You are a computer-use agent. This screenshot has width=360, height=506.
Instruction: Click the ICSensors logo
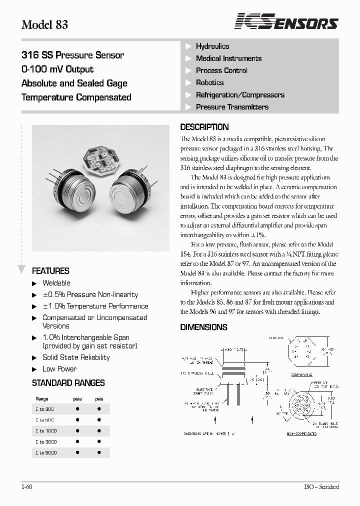[286, 22]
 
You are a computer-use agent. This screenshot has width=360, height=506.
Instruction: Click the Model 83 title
[44, 24]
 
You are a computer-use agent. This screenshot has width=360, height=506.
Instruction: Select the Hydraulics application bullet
[212, 46]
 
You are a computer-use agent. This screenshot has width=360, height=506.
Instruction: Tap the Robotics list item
[209, 82]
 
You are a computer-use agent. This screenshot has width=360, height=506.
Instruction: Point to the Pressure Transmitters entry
[232, 106]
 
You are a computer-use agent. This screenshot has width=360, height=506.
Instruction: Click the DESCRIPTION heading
[204, 127]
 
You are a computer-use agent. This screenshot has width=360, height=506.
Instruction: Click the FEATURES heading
[50, 271]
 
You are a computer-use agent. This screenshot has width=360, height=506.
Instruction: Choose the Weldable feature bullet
[56, 283]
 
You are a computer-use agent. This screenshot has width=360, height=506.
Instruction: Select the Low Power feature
[59, 369]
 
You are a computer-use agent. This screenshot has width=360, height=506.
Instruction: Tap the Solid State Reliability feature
[76, 357]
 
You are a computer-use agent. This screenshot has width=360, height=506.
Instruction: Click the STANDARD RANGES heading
[68, 383]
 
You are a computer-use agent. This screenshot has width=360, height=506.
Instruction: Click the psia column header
[77, 399]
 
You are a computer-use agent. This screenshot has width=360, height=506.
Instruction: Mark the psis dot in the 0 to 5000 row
[99, 452]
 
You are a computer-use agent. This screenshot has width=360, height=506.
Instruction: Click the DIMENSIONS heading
[203, 327]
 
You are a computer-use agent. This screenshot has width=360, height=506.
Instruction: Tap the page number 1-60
[27, 487]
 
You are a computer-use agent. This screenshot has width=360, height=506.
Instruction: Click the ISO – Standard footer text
[321, 487]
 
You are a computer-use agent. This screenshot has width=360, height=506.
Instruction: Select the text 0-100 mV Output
[57, 69]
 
